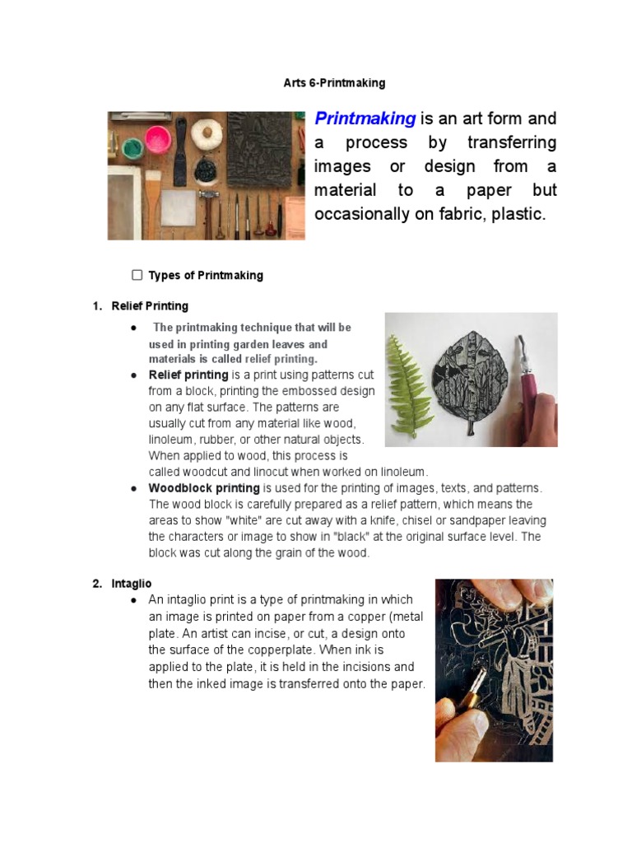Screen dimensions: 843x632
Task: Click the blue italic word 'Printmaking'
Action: tap(365, 119)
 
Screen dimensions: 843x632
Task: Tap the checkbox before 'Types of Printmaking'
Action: tap(137, 275)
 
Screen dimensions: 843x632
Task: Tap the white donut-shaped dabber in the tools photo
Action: tap(204, 130)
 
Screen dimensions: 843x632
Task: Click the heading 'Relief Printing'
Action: tap(150, 306)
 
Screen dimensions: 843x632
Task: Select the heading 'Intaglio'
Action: tap(132, 584)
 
